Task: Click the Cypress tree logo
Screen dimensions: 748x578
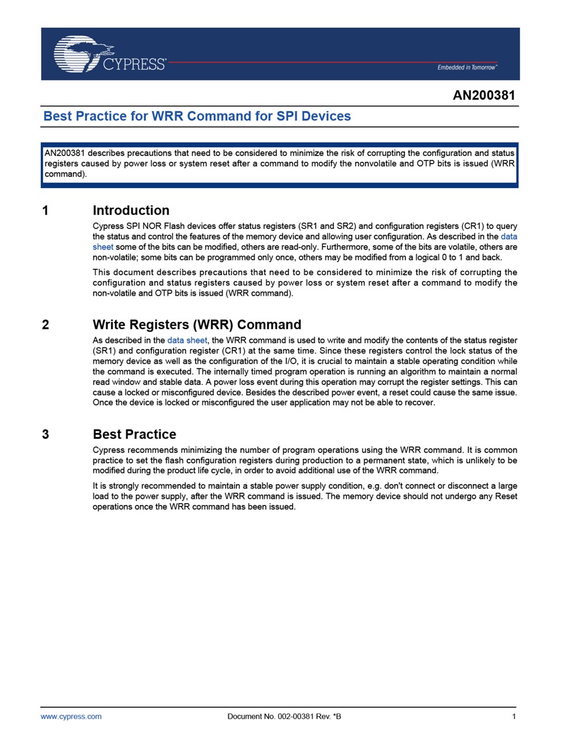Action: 79,53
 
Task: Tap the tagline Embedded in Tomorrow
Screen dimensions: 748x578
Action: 466,68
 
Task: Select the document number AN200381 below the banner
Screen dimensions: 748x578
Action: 483,95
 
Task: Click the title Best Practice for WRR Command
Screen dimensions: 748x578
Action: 197,116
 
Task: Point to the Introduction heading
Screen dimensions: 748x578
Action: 131,210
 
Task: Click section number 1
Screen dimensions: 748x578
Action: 46,210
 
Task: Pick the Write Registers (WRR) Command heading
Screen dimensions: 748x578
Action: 197,325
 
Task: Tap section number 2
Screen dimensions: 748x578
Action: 46,325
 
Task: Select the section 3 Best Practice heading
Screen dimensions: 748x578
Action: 134,434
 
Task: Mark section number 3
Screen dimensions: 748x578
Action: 46,434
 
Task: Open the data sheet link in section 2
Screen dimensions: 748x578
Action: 187,340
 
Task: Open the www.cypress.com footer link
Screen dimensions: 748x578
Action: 71,716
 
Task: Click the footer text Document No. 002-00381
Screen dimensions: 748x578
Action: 284,716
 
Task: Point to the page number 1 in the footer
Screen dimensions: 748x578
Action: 514,716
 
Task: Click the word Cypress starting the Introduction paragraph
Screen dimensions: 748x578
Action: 109,226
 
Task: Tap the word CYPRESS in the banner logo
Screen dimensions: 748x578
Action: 134,64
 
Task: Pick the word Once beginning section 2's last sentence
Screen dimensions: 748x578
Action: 103,403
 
